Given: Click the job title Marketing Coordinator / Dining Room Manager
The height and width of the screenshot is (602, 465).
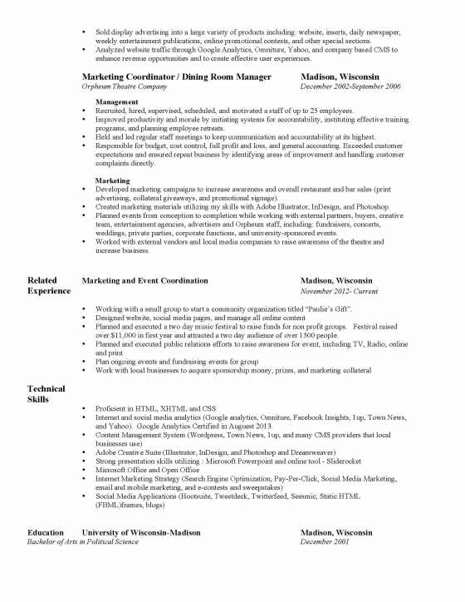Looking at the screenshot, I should point(176,76).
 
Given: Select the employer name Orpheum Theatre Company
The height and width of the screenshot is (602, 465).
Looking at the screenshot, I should point(123,86).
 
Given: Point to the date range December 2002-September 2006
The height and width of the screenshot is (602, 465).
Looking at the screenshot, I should point(350,86).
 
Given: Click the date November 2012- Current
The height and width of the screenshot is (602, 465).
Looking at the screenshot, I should point(338,292).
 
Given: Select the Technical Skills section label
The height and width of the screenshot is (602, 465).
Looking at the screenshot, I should point(46,394).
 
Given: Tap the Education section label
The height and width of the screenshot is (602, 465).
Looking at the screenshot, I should point(45,532).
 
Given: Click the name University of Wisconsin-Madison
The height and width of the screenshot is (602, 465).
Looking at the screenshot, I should point(140,532).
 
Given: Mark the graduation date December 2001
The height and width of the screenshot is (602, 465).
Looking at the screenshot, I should point(325,541).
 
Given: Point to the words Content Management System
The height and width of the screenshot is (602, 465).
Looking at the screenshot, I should point(140,435).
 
